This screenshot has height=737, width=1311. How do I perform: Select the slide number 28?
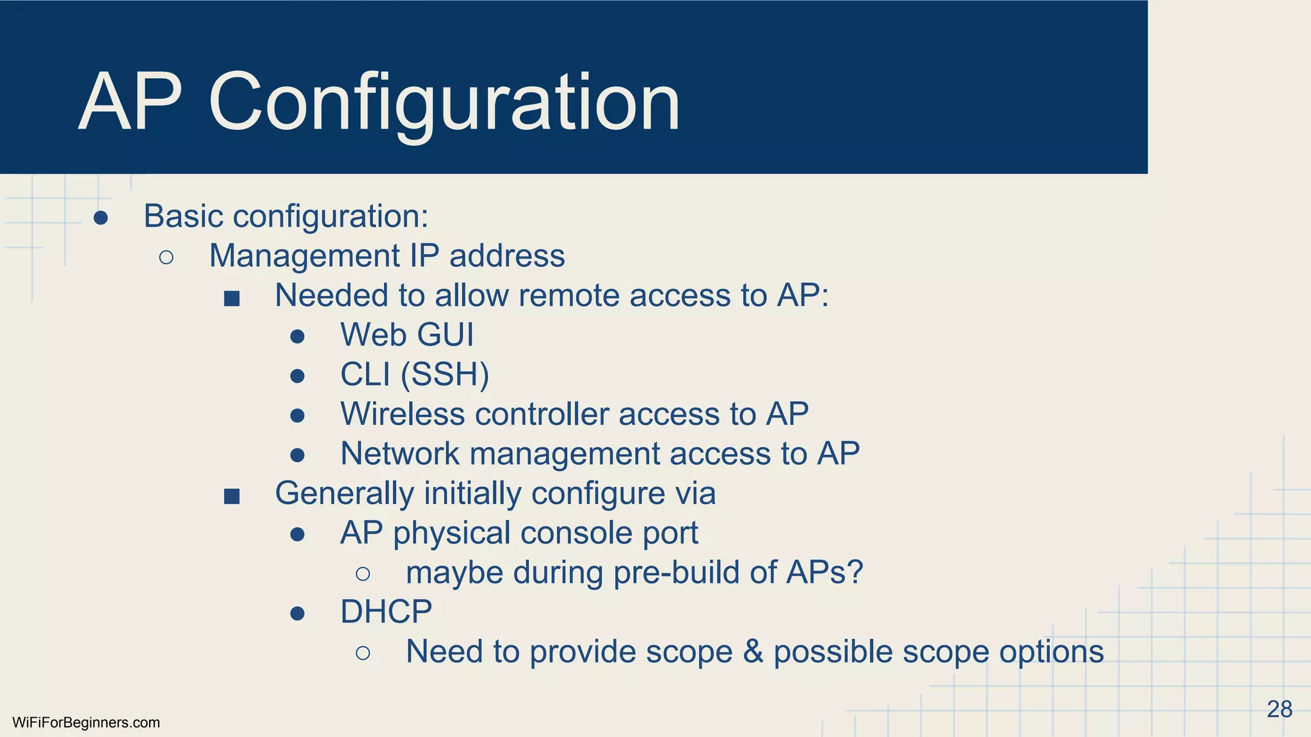point(1279,709)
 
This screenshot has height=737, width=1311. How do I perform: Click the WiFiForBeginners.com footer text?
point(86,723)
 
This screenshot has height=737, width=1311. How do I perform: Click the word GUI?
point(446,335)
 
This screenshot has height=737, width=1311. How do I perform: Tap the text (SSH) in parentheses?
point(445,375)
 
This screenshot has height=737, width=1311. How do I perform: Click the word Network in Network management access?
point(399,454)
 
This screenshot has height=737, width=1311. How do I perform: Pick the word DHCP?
point(386,612)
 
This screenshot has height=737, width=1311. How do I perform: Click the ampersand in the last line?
point(753,652)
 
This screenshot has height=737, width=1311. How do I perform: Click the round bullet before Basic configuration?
point(101,218)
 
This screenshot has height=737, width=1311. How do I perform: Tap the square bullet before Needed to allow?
point(232,298)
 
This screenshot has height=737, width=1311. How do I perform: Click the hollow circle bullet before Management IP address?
point(166,258)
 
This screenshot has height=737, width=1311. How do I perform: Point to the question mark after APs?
point(855,572)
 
